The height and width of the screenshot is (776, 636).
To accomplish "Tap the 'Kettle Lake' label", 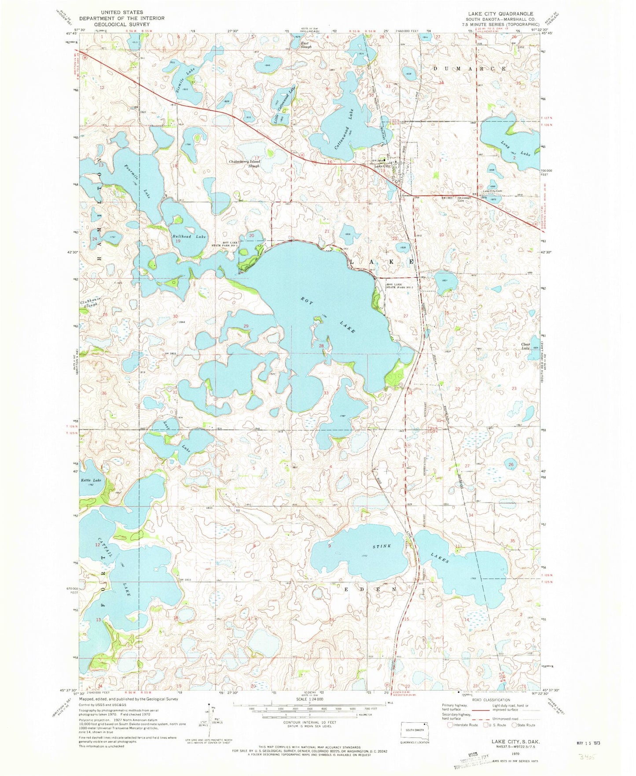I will (91, 480).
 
